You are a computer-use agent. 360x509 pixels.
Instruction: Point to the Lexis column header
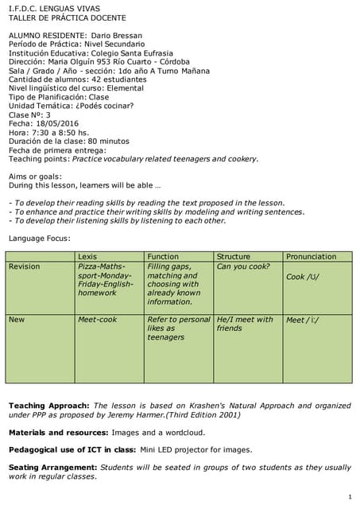click(87, 257)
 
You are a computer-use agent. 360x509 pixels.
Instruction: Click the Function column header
click(163, 257)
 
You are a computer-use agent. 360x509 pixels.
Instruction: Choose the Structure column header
click(234, 257)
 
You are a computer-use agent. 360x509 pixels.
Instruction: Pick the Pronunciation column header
click(311, 257)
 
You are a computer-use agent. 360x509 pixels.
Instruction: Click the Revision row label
click(24, 266)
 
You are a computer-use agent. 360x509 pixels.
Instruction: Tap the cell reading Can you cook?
click(243, 266)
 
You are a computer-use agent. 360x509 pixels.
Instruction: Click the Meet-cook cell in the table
click(97, 320)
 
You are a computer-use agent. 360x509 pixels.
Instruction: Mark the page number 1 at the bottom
click(350, 497)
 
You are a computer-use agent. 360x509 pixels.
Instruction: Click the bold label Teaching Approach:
click(48, 406)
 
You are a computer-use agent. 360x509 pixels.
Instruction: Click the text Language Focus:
click(40, 239)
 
